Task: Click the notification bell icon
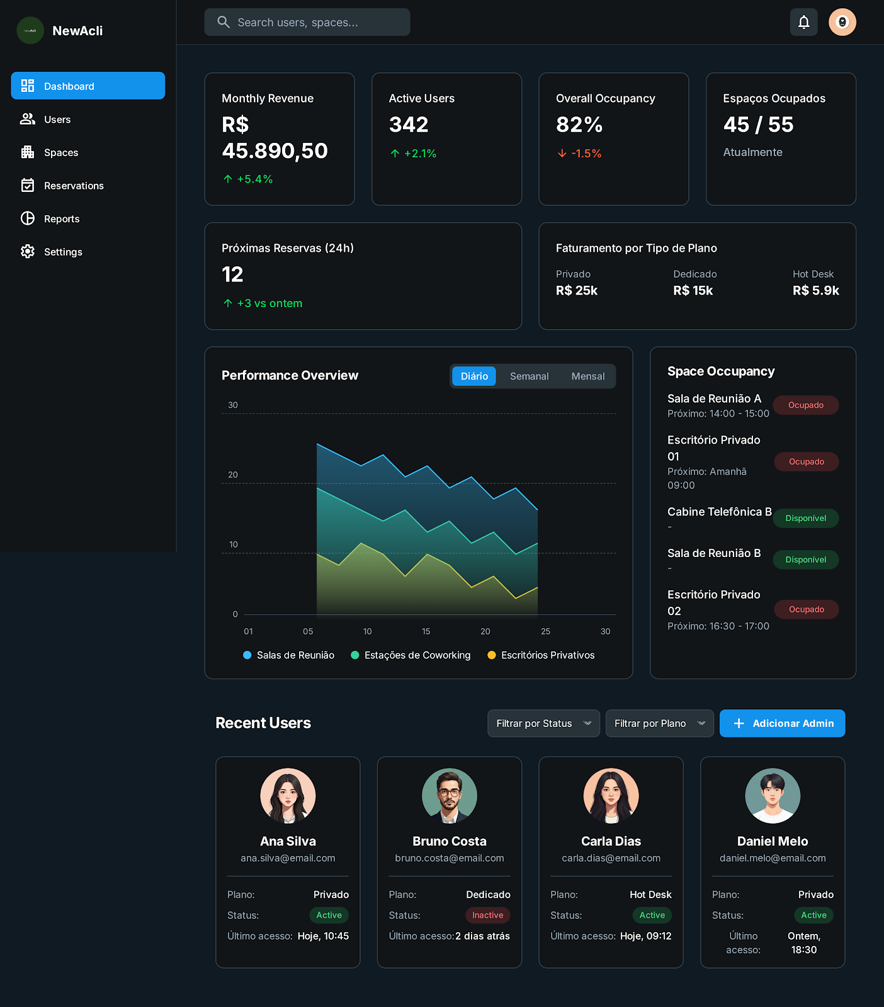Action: (803, 22)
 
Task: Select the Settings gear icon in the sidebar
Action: (28, 252)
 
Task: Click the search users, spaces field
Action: (307, 22)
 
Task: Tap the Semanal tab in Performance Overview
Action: (529, 376)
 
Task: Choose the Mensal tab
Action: (588, 376)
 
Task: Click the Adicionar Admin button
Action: (782, 724)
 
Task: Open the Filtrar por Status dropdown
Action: (543, 724)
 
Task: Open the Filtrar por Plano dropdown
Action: (659, 724)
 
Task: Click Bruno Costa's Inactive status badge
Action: (487, 915)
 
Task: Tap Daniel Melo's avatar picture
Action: (773, 796)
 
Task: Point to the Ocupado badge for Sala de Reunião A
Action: (806, 405)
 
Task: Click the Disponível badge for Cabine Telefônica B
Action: (806, 519)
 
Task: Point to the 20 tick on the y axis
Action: (233, 475)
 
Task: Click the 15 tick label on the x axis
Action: (426, 631)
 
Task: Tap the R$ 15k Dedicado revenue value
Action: (693, 291)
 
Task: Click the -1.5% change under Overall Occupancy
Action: (579, 154)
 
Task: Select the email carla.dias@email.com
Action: (611, 858)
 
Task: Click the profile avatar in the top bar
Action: (842, 22)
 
